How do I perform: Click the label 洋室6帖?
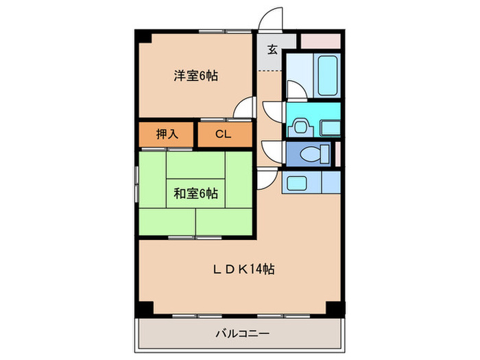click(x=195, y=76)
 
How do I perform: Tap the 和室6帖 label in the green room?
click(x=195, y=194)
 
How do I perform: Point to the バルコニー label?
click(x=241, y=334)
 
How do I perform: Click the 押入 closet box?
click(x=167, y=134)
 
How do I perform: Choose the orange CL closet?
click(x=224, y=134)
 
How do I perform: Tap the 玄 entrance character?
click(x=272, y=49)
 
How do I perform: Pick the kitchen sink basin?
click(x=298, y=182)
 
